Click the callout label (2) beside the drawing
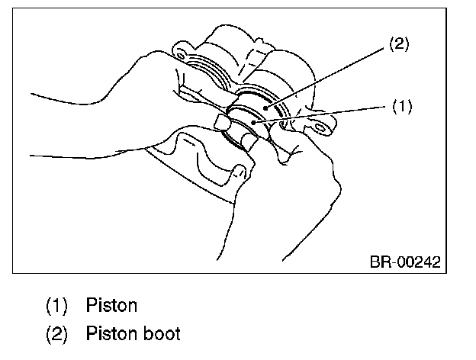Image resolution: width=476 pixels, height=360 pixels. click(x=399, y=44)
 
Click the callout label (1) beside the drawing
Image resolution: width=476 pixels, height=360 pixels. click(x=402, y=107)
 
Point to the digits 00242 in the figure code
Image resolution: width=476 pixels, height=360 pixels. click(x=416, y=262)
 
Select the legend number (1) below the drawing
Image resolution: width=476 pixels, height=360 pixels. click(x=57, y=307)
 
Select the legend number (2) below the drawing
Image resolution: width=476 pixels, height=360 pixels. click(x=57, y=333)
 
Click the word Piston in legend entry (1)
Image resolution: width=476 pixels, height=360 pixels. click(x=111, y=307)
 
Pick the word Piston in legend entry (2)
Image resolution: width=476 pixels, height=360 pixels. click(x=111, y=333)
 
